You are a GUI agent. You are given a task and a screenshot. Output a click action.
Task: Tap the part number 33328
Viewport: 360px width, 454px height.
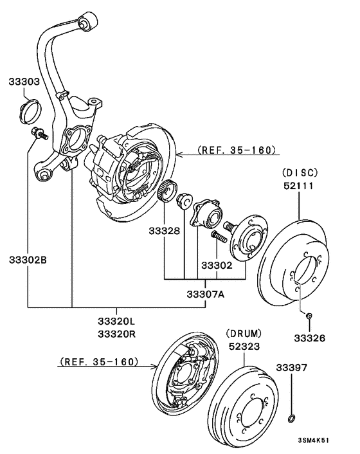pos(165,230)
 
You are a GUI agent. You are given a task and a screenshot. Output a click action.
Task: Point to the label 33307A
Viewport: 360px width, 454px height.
pos(206,295)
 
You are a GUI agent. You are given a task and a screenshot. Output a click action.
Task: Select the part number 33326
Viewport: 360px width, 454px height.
pos(309,337)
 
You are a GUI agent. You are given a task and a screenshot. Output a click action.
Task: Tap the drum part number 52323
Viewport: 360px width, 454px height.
pos(244,346)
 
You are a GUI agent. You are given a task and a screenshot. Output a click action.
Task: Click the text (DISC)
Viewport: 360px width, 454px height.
pos(300,172)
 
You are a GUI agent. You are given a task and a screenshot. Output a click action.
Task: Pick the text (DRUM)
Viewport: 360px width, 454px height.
pos(244,333)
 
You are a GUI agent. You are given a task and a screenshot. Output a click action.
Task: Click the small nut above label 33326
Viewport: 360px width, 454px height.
pos(309,315)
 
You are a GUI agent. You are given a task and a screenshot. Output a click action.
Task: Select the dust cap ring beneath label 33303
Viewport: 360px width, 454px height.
pos(30,111)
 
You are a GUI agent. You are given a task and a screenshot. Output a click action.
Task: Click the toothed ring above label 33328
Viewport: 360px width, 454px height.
pos(168,190)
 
